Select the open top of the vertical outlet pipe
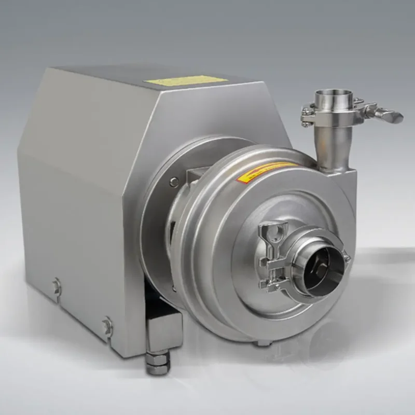tap(334, 96)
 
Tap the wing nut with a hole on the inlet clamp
tap(273, 232)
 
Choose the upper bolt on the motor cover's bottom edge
tap(57, 286)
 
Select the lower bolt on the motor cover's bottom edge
tap(108, 326)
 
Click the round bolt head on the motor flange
tap(174, 181)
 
